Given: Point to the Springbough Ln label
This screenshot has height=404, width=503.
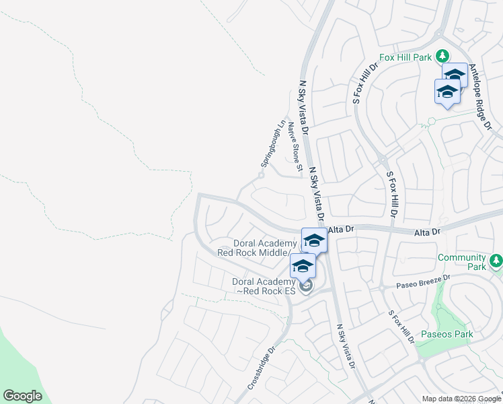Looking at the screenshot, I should pyautogui.click(x=273, y=144).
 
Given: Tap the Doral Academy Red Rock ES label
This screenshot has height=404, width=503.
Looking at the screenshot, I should pyautogui.click(x=264, y=286).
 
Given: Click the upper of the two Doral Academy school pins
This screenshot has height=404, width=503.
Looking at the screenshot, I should pyautogui.click(x=314, y=240).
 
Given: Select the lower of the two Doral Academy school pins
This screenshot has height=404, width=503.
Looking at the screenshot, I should pyautogui.click(x=303, y=266).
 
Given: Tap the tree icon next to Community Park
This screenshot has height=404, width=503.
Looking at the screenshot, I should pyautogui.click(x=496, y=260).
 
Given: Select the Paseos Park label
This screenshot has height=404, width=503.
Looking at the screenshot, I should pyautogui.click(x=447, y=334).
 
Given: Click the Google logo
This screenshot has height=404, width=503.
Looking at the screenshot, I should pyautogui.click(x=22, y=396).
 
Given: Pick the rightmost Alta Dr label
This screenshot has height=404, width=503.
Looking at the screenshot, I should pyautogui.click(x=427, y=232).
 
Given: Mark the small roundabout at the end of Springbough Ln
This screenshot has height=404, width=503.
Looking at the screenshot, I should pyautogui.click(x=260, y=176).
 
